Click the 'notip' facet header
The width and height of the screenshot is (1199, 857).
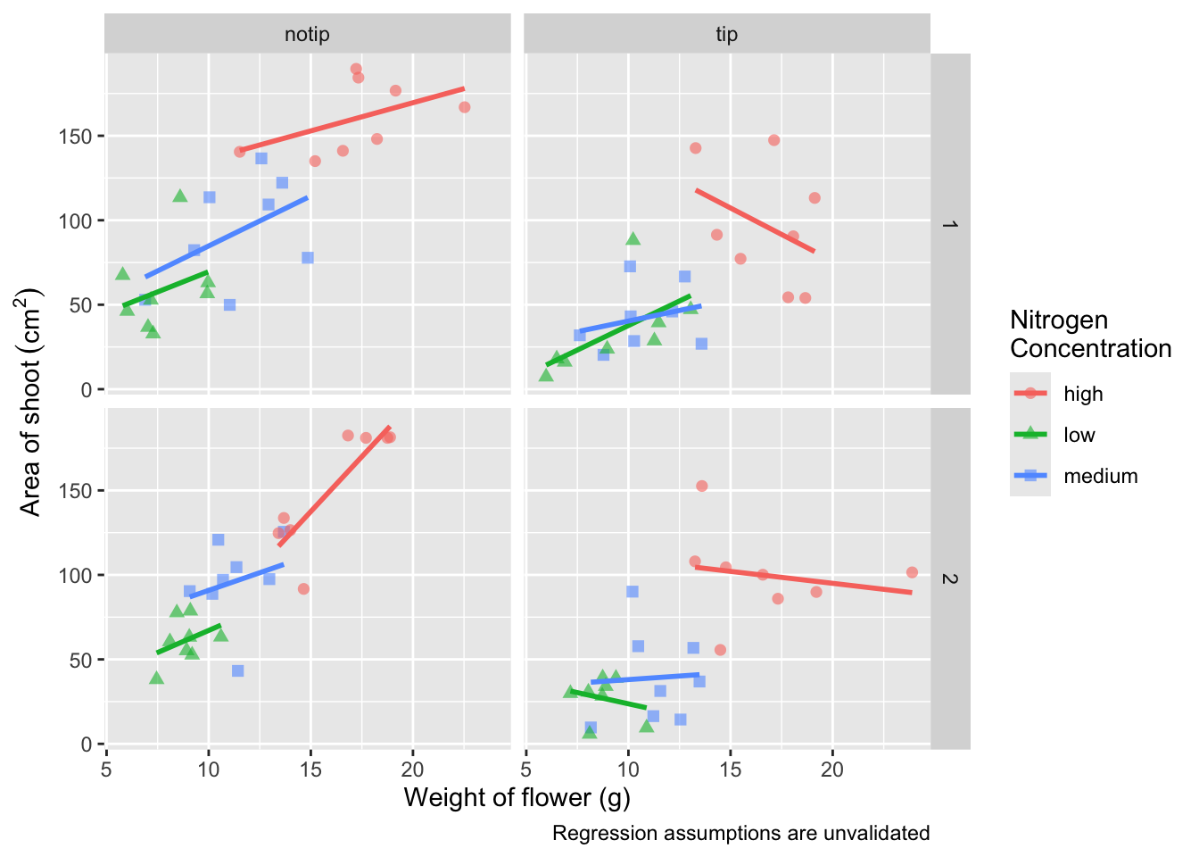307,35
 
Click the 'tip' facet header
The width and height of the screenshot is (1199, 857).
726,35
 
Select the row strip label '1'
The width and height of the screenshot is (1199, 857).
949,224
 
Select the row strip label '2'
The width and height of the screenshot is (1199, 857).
949,578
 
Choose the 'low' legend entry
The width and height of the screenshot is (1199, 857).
1079,435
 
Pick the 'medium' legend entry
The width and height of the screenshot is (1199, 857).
1100,476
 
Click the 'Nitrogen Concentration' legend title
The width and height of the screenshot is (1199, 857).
1090,334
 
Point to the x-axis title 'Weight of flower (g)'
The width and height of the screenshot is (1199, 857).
517,797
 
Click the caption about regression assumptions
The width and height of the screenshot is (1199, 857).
740,834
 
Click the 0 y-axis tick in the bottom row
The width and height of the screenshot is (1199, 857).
87,745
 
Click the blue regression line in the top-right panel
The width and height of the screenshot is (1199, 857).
641,319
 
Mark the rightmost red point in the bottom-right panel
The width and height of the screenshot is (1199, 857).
912,572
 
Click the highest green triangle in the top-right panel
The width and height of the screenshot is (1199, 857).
633,239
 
